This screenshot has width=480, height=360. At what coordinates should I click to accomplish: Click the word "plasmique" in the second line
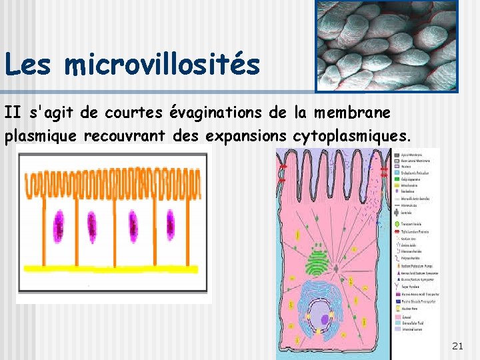coord(41,136)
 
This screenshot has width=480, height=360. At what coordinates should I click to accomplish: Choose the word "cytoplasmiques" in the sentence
coord(347,136)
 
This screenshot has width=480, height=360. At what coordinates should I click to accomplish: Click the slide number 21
coord(457,345)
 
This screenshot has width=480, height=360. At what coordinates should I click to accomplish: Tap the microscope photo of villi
coord(387,45)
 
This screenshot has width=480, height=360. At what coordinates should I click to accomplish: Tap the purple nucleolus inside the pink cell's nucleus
coord(320,314)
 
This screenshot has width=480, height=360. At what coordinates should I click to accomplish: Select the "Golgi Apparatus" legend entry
coord(417,179)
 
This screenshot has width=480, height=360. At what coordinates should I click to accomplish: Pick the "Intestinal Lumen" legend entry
coord(416,329)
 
